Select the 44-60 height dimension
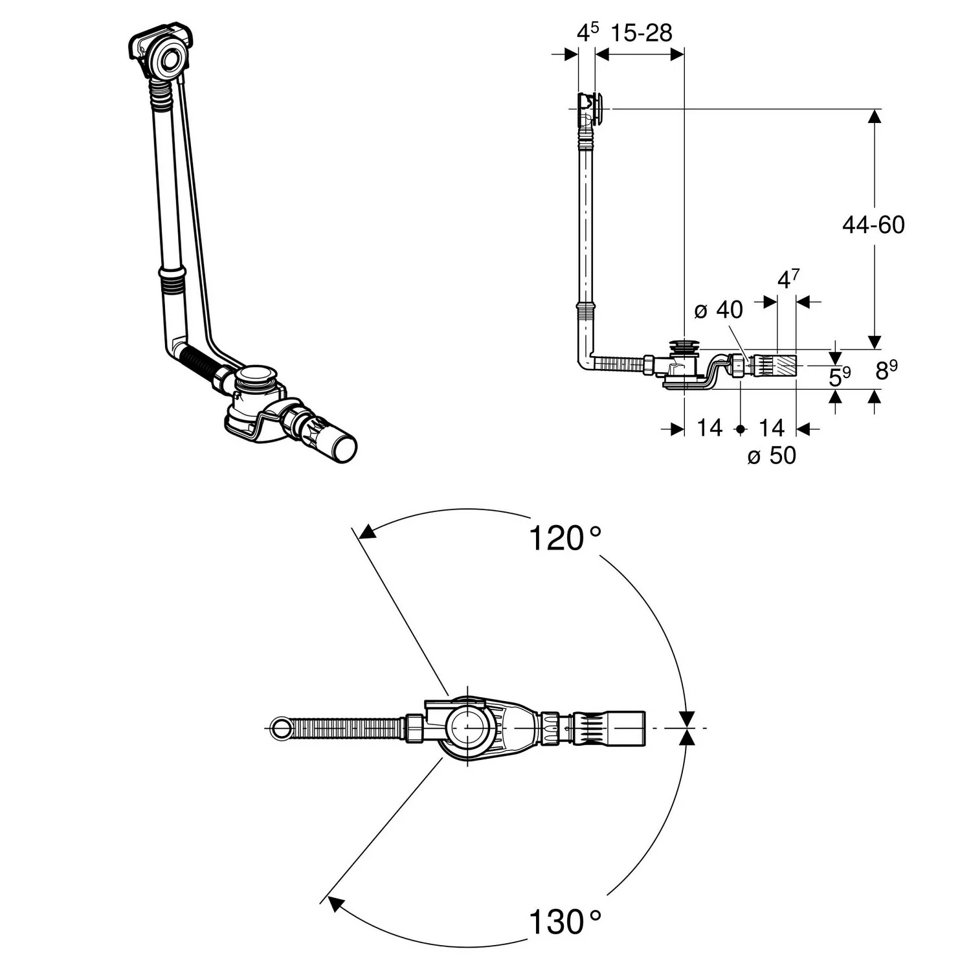tap(873, 225)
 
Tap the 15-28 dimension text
tap(642, 33)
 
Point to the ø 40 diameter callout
tap(719, 310)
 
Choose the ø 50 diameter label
tap(772, 456)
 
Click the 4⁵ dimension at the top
tap(587, 32)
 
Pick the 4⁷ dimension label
tap(788, 279)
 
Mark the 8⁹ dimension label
tap(886, 371)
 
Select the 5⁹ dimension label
tap(840, 376)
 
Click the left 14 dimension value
tap(709, 428)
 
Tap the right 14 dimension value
tap(771, 428)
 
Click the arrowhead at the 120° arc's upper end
tap(367, 531)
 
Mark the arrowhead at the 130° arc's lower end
tap(334, 903)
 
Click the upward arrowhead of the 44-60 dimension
tap(874, 117)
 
